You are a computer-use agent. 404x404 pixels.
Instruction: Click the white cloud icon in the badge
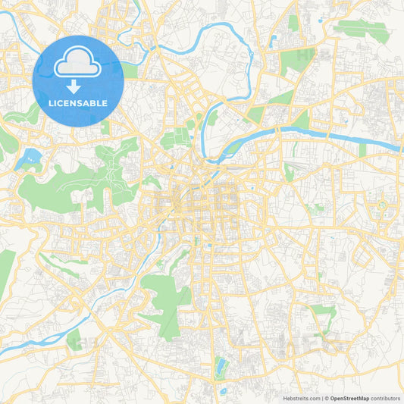click(78, 63)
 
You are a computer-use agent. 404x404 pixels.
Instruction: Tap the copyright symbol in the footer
click(327, 397)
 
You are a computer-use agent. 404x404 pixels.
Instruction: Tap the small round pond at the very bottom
click(224, 391)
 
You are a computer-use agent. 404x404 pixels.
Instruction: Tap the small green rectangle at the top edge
click(293, 23)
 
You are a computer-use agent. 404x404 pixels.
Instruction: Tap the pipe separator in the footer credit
click(322, 397)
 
